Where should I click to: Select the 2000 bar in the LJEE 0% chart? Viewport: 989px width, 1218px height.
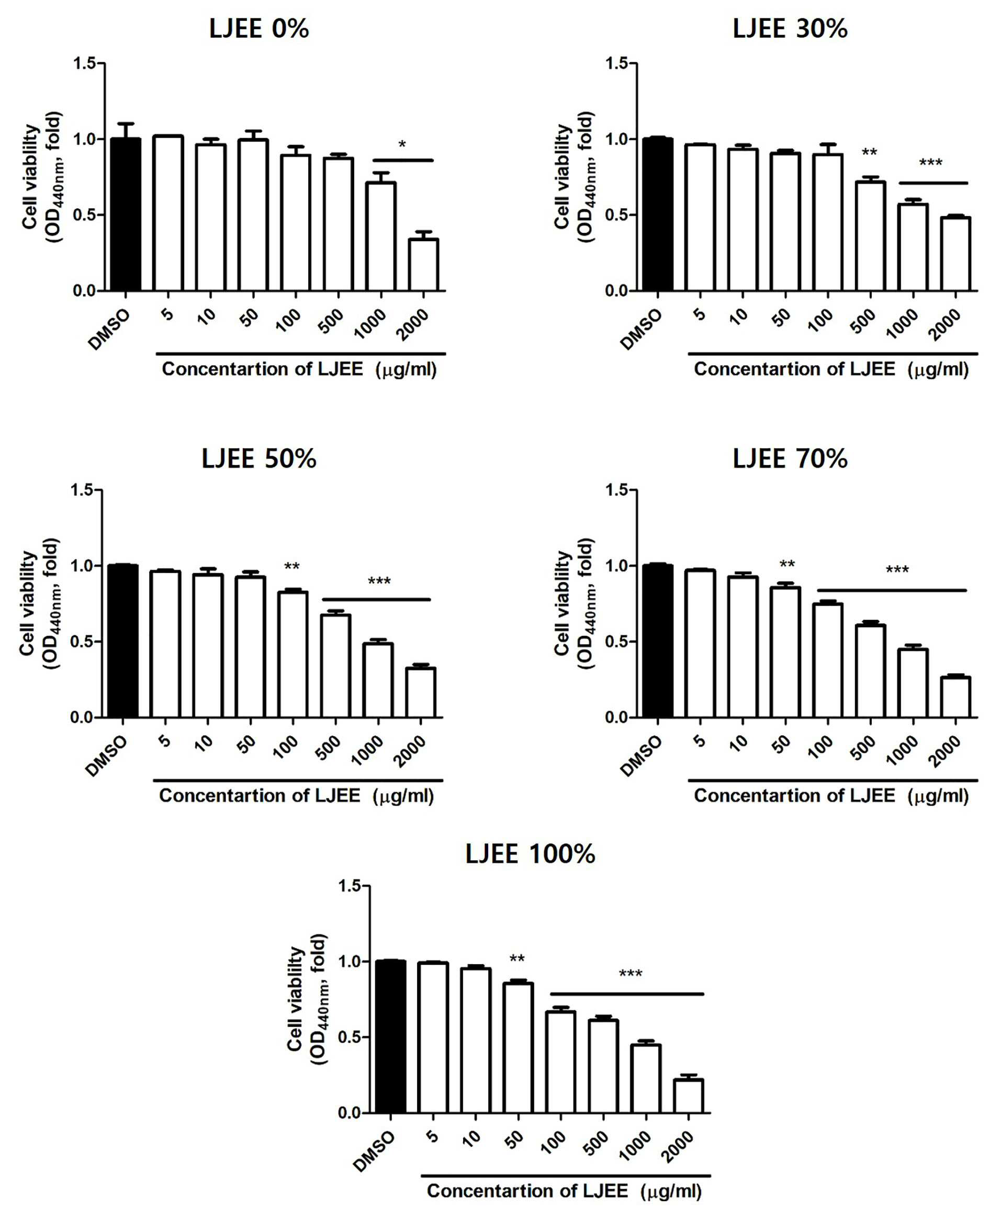[424, 265]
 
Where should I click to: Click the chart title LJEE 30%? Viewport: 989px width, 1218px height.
[790, 28]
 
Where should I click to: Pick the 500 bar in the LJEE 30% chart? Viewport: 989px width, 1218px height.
[871, 236]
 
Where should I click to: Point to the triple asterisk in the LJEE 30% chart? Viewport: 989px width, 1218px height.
[931, 164]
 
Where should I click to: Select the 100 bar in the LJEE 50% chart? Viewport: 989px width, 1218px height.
[293, 654]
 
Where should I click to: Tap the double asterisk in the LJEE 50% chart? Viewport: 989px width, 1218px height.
[291, 567]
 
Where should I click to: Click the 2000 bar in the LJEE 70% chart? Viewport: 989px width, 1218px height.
[956, 697]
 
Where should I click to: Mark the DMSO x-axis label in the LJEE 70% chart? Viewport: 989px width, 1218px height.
[641, 756]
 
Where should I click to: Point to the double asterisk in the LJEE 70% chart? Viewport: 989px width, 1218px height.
[787, 565]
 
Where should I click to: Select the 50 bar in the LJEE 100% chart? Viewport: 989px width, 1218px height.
[518, 1047]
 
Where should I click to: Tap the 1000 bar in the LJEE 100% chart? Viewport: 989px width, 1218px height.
[646, 1078]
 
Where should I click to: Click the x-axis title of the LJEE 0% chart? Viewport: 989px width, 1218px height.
[300, 369]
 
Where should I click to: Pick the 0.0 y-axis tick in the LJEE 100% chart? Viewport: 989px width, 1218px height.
[349, 1113]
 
